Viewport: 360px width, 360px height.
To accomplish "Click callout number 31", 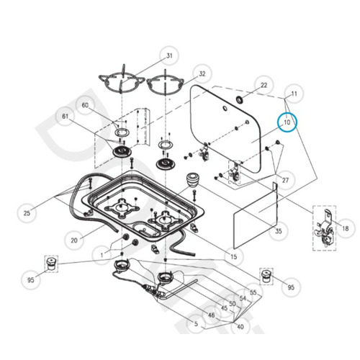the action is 169,55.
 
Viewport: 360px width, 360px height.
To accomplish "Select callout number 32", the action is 202,73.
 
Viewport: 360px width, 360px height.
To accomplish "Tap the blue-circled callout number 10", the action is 287,122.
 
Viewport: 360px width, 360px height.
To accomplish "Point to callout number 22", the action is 264,85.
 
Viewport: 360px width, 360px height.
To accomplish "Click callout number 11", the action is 294,94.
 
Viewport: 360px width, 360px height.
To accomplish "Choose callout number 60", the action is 85,105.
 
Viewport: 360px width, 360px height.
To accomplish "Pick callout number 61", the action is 66,116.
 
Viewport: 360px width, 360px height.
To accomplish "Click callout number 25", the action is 27,212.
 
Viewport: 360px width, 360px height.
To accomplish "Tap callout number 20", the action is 74,240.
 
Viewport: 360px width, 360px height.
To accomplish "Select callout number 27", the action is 285,180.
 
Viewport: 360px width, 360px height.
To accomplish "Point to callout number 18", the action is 345,228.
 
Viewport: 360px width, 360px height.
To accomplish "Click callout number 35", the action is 279,231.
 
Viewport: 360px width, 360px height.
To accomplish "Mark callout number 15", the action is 233,256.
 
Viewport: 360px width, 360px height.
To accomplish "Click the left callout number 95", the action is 31,280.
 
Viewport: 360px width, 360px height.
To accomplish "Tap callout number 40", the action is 240,326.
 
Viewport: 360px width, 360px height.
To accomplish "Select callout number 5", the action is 196,324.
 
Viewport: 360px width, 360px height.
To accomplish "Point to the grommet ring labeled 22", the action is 240,99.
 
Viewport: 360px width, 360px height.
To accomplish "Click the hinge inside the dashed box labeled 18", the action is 325,229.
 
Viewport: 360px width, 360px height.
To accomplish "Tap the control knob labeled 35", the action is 192,180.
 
